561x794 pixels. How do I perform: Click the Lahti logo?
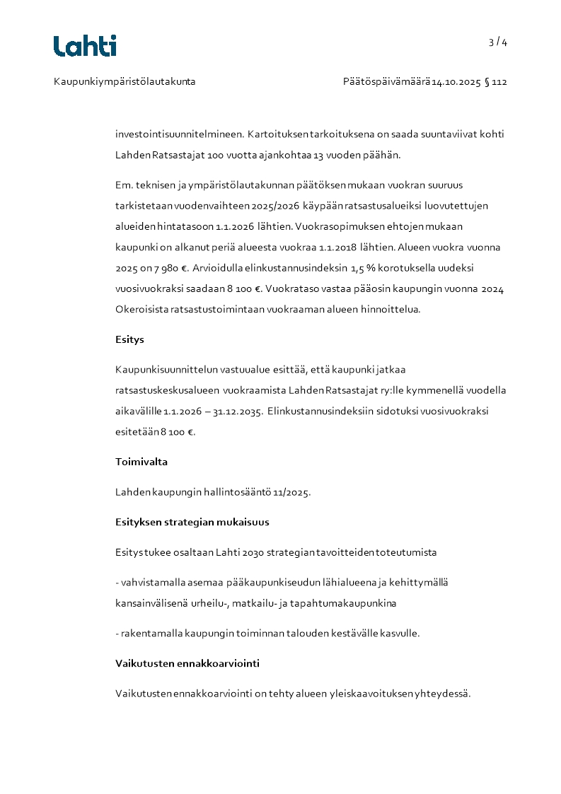[x=85, y=45]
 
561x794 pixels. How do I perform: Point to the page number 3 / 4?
[x=498, y=42]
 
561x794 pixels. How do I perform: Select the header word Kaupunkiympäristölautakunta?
[x=125, y=82]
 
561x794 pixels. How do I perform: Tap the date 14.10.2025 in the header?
[x=456, y=82]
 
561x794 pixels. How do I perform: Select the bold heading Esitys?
[x=129, y=339]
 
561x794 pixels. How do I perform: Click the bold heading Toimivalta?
[x=141, y=462]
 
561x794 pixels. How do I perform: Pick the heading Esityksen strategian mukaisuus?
[x=192, y=522]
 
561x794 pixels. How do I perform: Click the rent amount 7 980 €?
[x=168, y=268]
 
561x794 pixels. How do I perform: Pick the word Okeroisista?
[x=141, y=309]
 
